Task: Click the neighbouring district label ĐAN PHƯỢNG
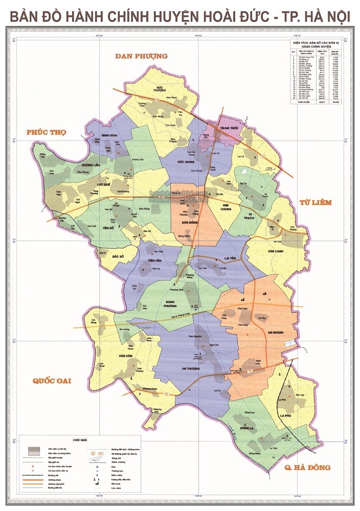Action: coord(142,56)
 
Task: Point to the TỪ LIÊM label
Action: coord(316,202)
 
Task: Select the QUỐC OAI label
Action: coord(52,381)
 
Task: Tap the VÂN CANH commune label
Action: coord(275,251)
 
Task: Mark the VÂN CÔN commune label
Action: coord(125,356)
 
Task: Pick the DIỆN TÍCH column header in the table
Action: coord(322,52)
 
